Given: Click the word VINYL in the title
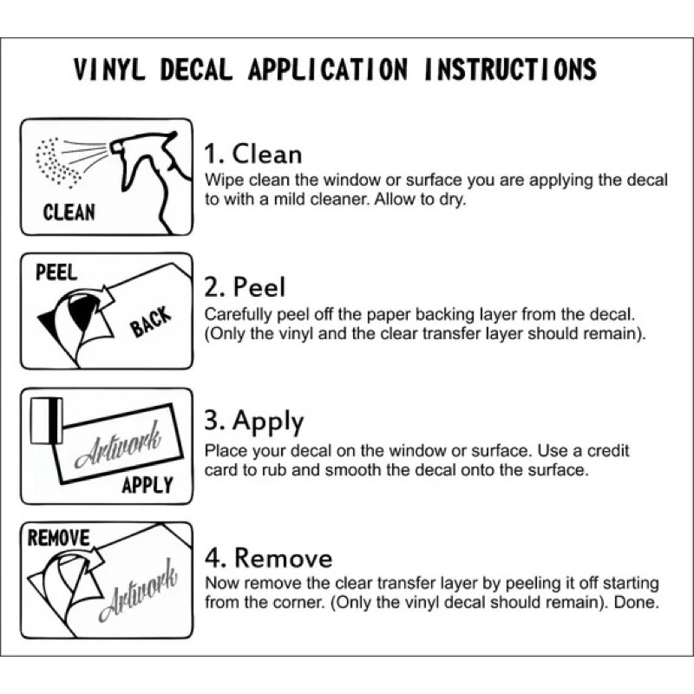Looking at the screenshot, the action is (x=109, y=69).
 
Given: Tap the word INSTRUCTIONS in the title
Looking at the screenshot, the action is (x=510, y=69).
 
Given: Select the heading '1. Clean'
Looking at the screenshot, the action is (x=252, y=154).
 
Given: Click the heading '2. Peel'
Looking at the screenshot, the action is (x=245, y=287).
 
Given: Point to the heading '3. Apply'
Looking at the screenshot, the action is (x=254, y=422).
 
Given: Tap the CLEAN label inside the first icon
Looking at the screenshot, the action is (x=69, y=213).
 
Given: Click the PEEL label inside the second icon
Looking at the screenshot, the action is (x=56, y=272).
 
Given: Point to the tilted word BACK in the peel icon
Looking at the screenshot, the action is (x=150, y=322).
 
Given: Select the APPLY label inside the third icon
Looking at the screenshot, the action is (x=147, y=485).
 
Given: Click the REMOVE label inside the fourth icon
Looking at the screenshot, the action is (x=58, y=538).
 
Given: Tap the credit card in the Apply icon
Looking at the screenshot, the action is (x=47, y=421).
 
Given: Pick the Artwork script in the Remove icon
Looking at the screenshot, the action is (x=138, y=590).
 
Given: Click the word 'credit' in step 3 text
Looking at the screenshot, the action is (x=608, y=450).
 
